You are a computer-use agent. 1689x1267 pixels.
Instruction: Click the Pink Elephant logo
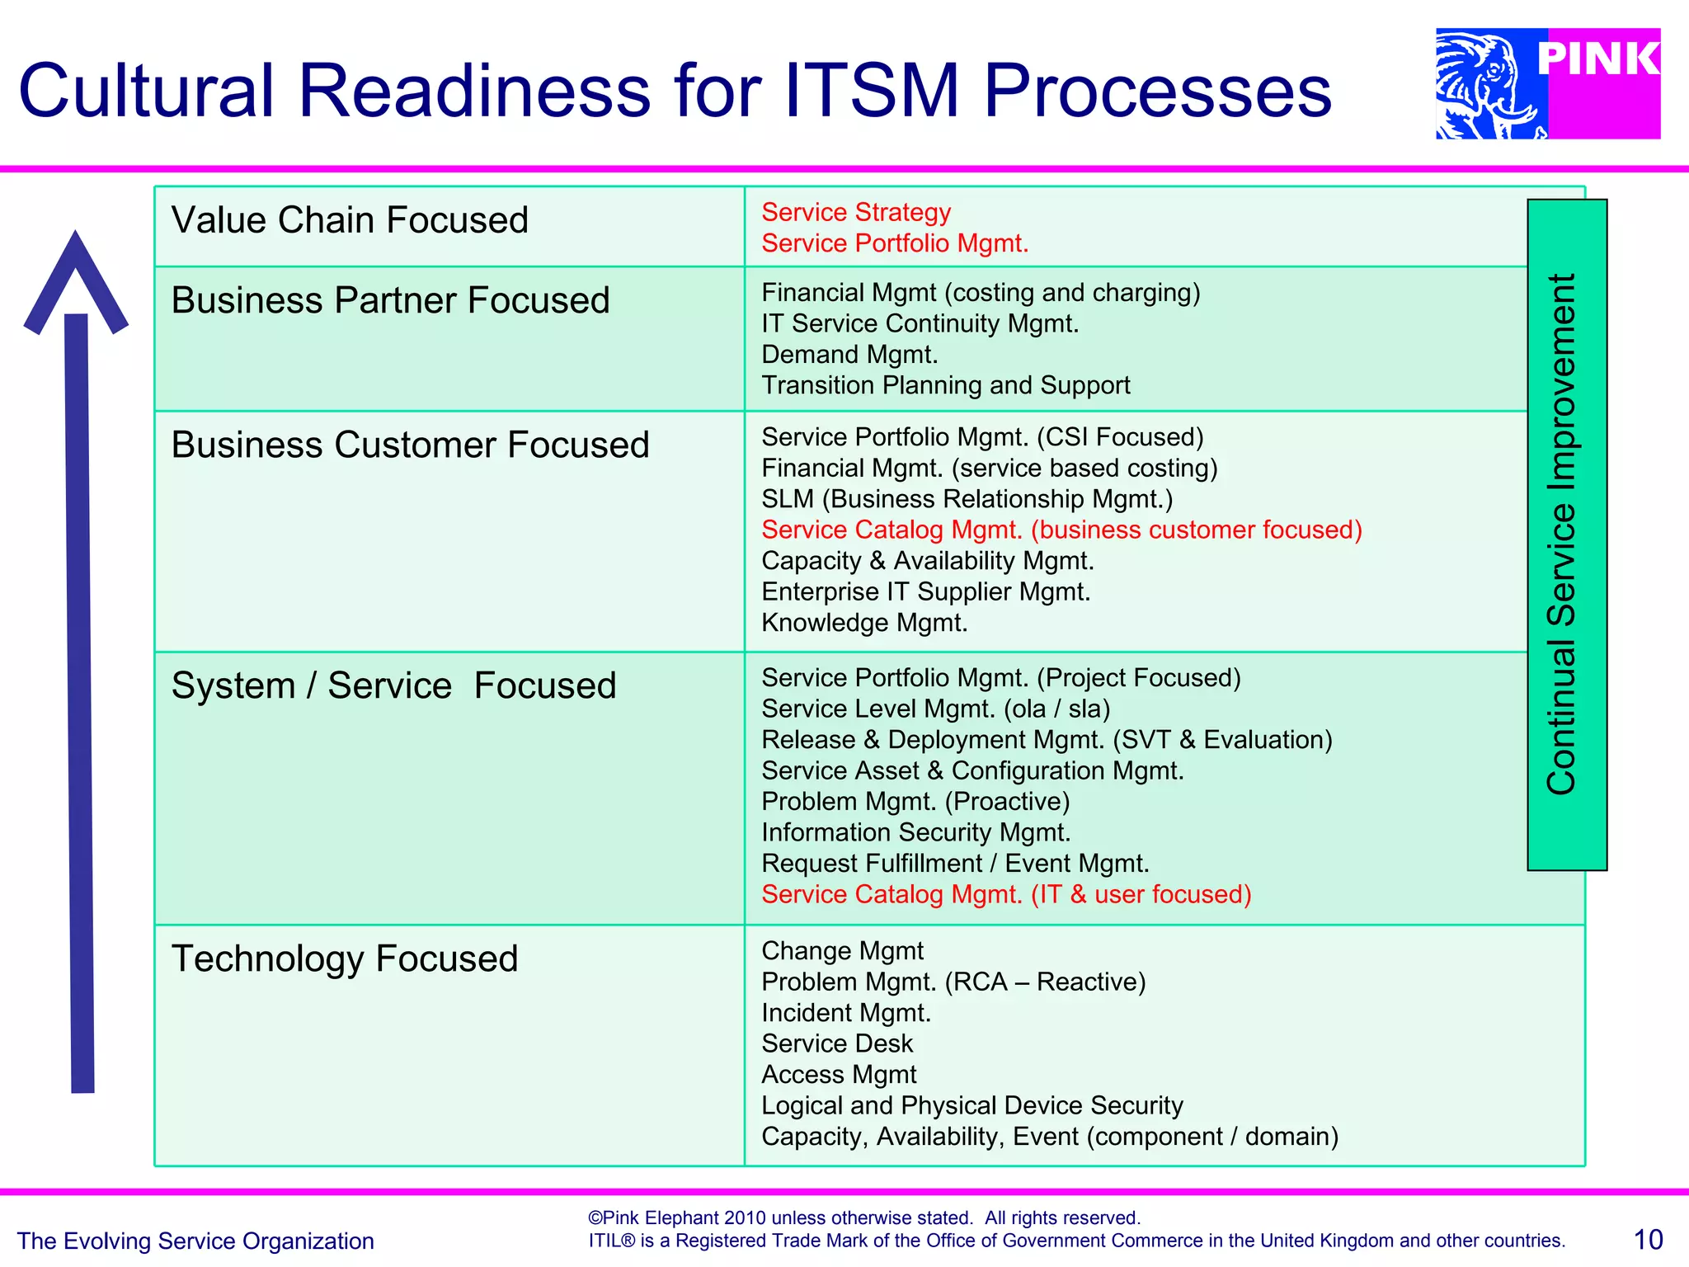coord(1547,83)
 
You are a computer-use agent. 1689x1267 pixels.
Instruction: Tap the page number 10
coord(1648,1239)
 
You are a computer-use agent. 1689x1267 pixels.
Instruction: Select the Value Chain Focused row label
coord(350,220)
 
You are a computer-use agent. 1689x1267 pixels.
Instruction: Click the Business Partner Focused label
coord(390,300)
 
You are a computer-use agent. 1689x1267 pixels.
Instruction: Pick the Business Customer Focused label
coord(410,445)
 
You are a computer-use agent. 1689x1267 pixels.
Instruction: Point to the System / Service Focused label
coord(393,685)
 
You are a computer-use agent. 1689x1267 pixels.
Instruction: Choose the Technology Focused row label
coord(344,958)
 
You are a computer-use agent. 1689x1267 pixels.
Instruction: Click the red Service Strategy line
coord(855,212)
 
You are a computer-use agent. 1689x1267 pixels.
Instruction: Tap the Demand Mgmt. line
coord(849,355)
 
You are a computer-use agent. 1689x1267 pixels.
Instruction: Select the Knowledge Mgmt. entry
coord(863,623)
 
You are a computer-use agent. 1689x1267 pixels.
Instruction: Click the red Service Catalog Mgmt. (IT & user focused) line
coord(1005,894)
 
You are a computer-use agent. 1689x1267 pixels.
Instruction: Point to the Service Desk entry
coord(836,1043)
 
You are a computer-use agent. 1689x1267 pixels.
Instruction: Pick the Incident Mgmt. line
coord(845,1013)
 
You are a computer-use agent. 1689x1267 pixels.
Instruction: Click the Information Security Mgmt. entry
coord(915,832)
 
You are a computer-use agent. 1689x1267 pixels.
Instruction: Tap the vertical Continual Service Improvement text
coord(1562,534)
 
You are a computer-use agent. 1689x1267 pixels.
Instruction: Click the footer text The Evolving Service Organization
coord(195,1241)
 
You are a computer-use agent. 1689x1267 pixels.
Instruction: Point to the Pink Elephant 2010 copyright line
coord(863,1218)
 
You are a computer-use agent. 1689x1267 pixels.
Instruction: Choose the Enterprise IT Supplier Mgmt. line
coord(925,591)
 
